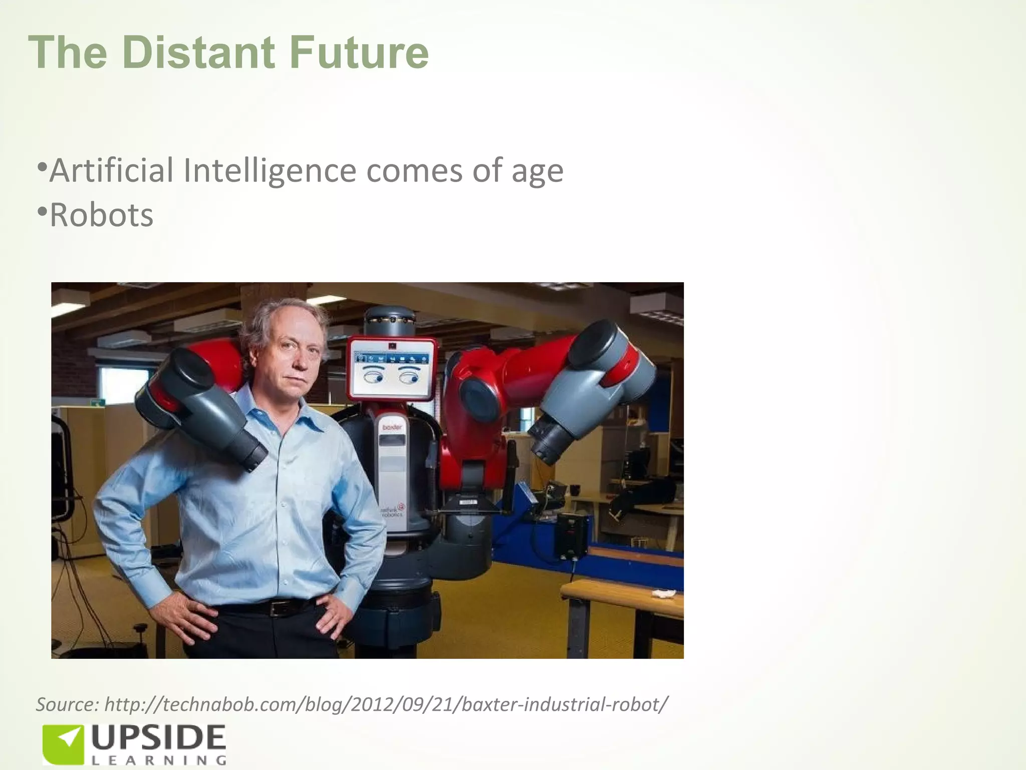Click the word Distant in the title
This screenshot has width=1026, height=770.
pos(198,53)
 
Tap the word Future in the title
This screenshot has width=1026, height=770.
pos(359,53)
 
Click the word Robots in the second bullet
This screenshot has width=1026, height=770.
pos(102,215)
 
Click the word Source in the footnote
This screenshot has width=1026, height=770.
pos(67,704)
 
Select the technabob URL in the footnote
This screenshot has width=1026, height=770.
pos(386,704)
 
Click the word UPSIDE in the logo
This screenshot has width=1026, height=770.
pos(158,738)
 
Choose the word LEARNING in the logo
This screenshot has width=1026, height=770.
pos(158,760)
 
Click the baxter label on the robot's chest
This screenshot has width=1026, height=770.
pos(392,427)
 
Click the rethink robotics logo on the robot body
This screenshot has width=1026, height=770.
pos(393,510)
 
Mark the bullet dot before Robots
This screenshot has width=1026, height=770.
pos(42,211)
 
